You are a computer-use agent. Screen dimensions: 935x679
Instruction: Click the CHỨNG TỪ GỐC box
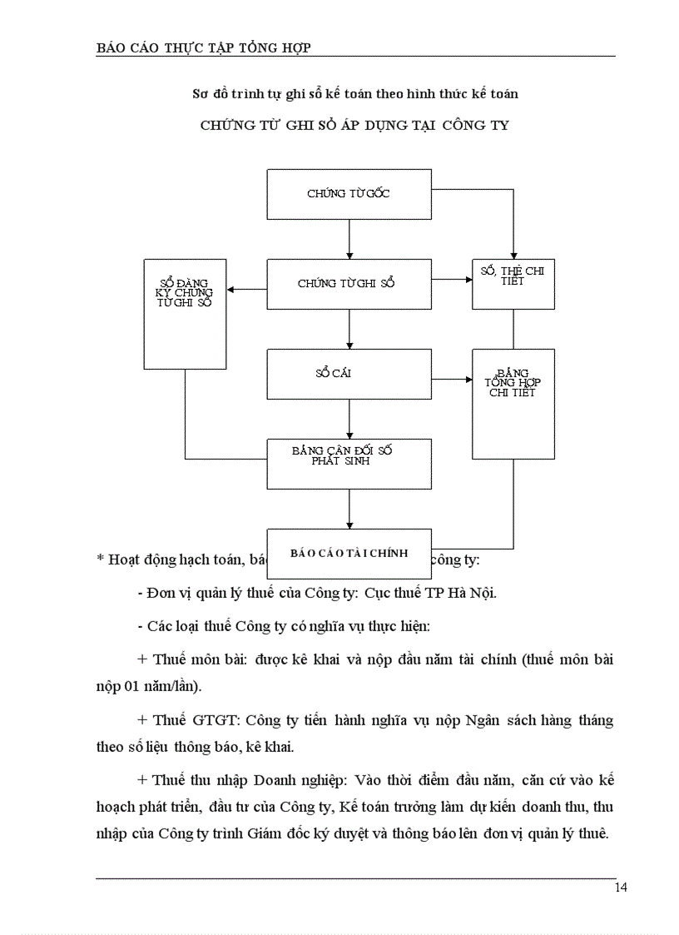pyautogui.click(x=349, y=194)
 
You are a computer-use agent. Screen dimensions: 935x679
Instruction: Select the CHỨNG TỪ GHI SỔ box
pyautogui.click(x=349, y=284)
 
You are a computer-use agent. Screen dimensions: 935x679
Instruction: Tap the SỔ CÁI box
pyautogui.click(x=349, y=373)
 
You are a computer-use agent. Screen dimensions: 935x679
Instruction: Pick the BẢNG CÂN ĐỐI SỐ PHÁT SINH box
pyautogui.click(x=349, y=463)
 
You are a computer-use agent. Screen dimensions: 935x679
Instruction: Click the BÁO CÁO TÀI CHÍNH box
pyautogui.click(x=349, y=553)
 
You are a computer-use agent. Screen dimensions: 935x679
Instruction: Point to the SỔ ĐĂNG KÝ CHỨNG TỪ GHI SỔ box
pyautogui.click(x=185, y=313)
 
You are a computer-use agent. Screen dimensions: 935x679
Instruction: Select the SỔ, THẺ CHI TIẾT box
pyautogui.click(x=513, y=283)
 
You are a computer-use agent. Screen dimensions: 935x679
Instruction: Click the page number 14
pyautogui.click(x=621, y=888)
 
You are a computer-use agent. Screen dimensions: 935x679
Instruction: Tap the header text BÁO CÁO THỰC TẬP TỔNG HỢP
pyautogui.click(x=204, y=47)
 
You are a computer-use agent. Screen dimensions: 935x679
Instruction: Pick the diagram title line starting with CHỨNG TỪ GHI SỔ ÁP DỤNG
pyautogui.click(x=354, y=126)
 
